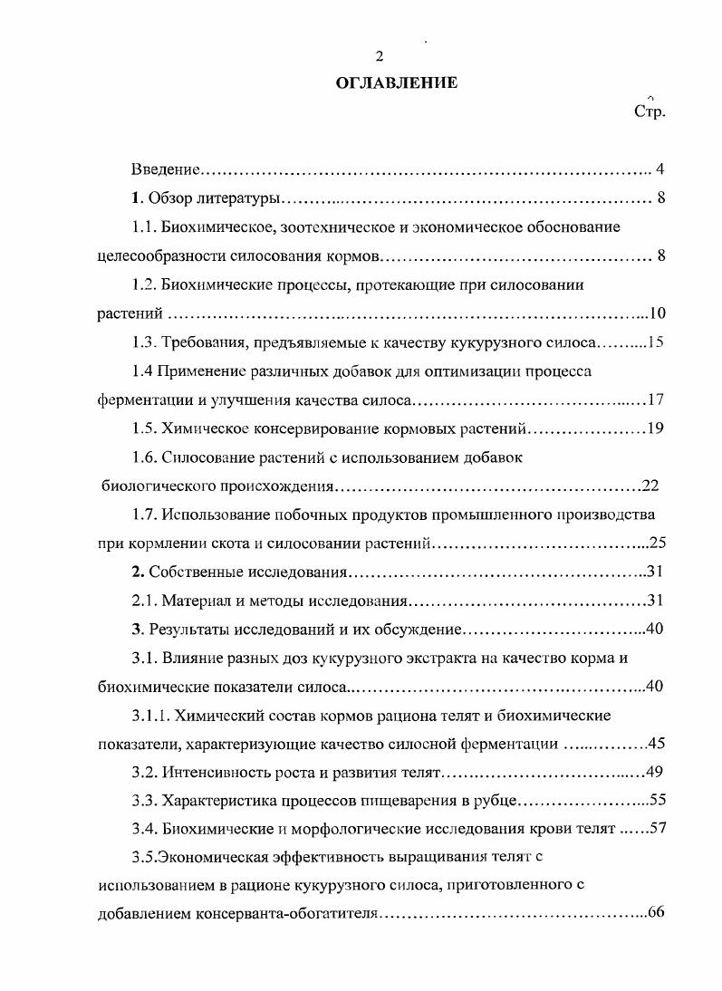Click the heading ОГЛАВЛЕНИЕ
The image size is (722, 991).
point(397,82)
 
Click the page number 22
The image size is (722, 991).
point(650,486)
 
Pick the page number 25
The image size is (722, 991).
point(658,544)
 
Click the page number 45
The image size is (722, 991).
point(657,745)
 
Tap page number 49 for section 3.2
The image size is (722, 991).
point(657,773)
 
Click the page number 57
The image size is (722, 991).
point(657,829)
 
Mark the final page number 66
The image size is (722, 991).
point(657,912)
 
